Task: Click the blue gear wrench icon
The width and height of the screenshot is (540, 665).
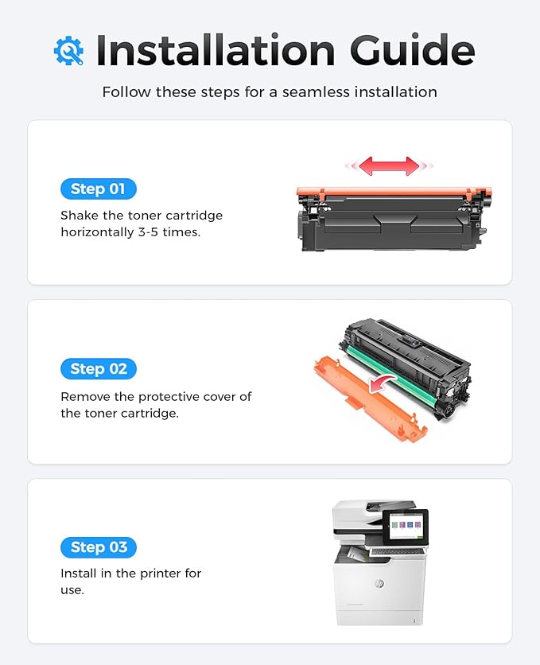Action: tap(68, 51)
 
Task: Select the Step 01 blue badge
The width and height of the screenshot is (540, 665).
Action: tap(99, 189)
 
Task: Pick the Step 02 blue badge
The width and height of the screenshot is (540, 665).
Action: tap(99, 368)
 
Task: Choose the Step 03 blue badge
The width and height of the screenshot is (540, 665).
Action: tap(99, 547)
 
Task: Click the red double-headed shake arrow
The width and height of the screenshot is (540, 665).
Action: tap(389, 165)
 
